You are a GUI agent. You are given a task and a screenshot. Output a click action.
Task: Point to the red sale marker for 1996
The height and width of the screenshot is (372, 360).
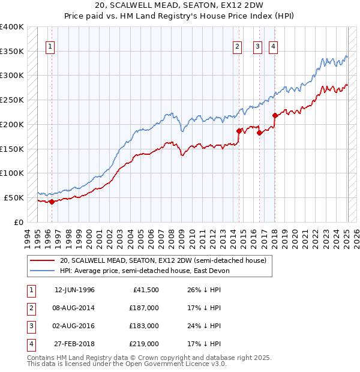[52, 202]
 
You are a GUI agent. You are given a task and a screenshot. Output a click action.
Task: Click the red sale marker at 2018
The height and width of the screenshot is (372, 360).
[275, 115]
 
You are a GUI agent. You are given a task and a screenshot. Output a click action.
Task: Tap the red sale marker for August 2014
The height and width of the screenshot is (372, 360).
[239, 131]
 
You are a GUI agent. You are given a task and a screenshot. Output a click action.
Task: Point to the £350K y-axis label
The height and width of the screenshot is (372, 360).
[12, 52]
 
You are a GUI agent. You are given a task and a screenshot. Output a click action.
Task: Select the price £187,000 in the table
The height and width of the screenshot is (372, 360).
[144, 308]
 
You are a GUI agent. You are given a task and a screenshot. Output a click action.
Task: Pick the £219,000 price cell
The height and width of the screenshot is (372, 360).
[144, 344]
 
